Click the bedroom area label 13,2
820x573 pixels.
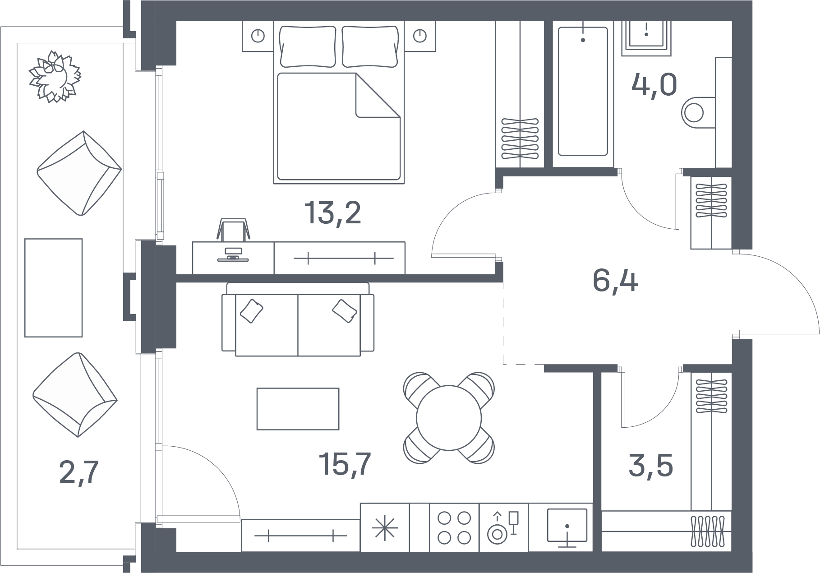click(333, 213)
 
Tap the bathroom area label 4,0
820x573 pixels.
click(654, 85)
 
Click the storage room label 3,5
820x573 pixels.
click(651, 466)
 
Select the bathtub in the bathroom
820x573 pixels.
click(583, 92)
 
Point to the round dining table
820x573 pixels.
click(448, 418)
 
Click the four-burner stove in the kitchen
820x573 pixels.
click(454, 527)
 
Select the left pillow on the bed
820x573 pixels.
click(308, 46)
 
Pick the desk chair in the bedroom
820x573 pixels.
click(233, 230)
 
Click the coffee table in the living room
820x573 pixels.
click(298, 409)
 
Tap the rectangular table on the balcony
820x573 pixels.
click(53, 288)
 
